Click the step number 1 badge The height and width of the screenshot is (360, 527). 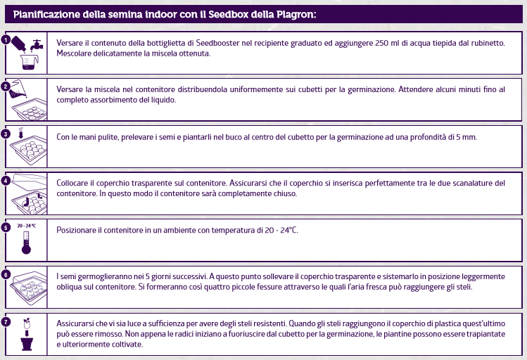(6, 39)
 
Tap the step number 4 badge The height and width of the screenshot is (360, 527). (6, 180)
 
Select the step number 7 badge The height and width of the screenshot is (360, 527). (6, 321)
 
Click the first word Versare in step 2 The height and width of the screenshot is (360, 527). (70, 89)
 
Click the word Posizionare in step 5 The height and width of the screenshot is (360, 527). (78, 230)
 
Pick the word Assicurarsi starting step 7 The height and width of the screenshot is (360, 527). (78, 323)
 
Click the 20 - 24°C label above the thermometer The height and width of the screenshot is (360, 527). (26, 226)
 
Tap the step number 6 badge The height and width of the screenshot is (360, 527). (6, 274)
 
